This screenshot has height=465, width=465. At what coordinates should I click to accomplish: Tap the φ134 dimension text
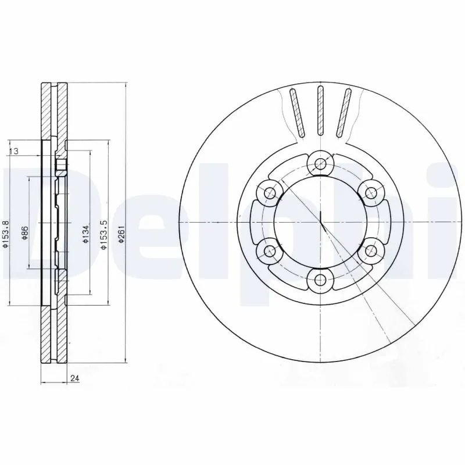pyautogui.click(x=85, y=233)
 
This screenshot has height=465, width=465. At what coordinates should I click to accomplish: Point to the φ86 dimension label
pyautogui.click(x=25, y=233)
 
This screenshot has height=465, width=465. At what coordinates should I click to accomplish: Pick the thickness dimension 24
pyautogui.click(x=74, y=379)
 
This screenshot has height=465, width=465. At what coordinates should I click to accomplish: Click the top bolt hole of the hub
pyautogui.click(x=319, y=163)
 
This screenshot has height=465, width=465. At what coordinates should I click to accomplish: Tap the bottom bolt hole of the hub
pyautogui.click(x=319, y=281)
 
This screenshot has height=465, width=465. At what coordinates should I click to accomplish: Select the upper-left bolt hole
pyautogui.click(x=269, y=192)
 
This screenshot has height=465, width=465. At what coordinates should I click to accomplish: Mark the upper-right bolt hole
pyautogui.click(x=370, y=192)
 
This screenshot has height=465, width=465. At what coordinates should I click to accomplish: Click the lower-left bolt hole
pyautogui.click(x=269, y=251)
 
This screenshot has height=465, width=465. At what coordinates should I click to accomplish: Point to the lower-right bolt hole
pyautogui.click(x=370, y=251)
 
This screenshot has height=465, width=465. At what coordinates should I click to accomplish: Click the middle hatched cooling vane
pyautogui.click(x=320, y=110)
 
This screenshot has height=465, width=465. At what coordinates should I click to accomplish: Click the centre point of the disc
pyautogui.click(x=320, y=222)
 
